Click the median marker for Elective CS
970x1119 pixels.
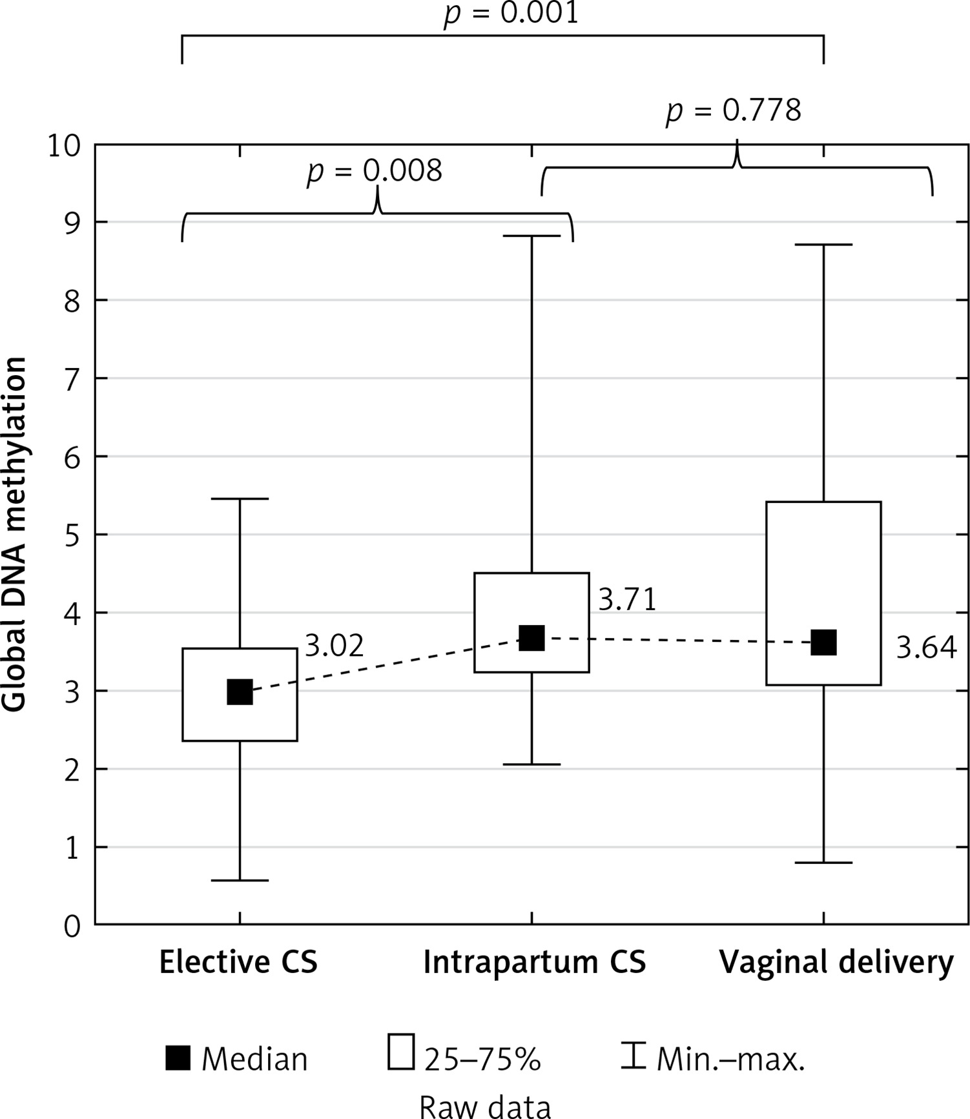click(x=240, y=692)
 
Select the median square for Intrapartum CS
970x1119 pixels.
click(x=531, y=637)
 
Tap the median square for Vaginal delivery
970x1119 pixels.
click(x=823, y=642)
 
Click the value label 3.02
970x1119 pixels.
click(x=335, y=646)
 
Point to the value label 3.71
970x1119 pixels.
click(x=627, y=599)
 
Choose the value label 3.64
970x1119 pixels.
click(x=926, y=648)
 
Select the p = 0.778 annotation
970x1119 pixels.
click(x=734, y=110)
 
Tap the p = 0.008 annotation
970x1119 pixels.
click(x=375, y=171)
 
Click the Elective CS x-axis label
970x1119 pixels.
click(x=238, y=963)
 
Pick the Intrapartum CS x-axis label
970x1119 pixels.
click(x=534, y=963)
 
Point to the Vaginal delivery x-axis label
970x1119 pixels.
click(x=836, y=963)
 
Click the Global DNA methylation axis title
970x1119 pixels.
click(x=14, y=535)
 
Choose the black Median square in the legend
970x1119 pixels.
click(x=178, y=1058)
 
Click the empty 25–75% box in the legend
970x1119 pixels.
click(x=401, y=1052)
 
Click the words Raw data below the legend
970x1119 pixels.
click(x=485, y=1105)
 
